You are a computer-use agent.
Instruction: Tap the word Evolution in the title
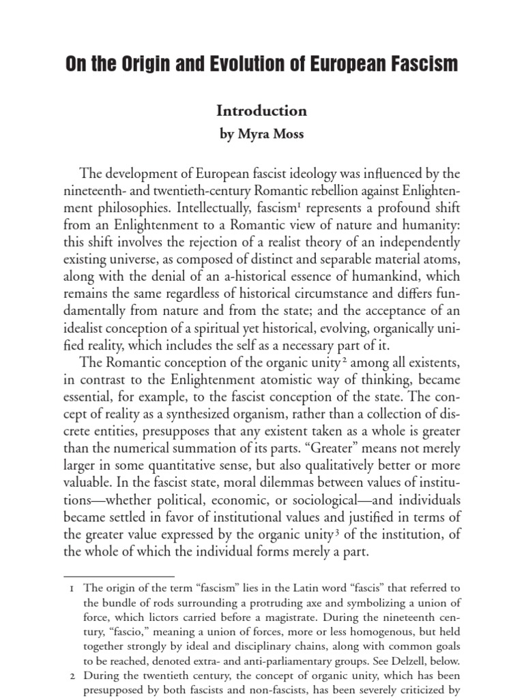236,65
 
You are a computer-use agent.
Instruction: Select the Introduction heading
261,110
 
